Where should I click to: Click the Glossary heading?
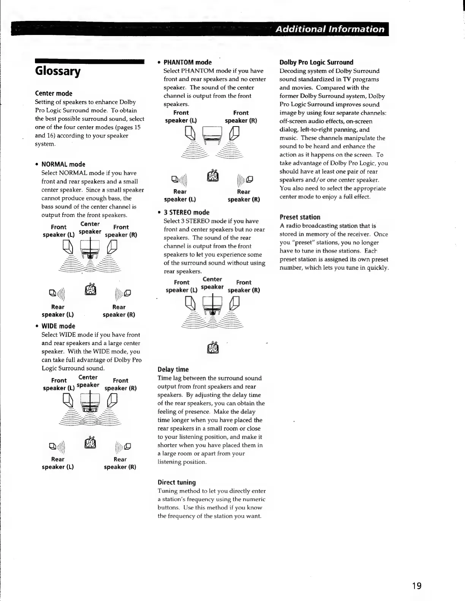[x=57, y=71]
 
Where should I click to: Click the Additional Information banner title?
[x=330, y=29]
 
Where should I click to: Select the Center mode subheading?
[x=54, y=93]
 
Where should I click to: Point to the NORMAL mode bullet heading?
[x=63, y=164]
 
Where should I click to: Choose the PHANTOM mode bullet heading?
[x=187, y=62]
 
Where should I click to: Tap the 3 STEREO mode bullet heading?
[x=186, y=212]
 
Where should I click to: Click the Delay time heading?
[x=173, y=369]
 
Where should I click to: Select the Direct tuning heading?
[x=177, y=482]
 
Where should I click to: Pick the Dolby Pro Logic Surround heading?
[x=316, y=62]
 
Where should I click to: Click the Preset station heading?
[x=300, y=217]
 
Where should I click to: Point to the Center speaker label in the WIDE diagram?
[x=88, y=381]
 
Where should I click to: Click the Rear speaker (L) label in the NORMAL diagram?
[x=58, y=311]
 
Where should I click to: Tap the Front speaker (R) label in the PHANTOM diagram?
[x=241, y=117]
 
